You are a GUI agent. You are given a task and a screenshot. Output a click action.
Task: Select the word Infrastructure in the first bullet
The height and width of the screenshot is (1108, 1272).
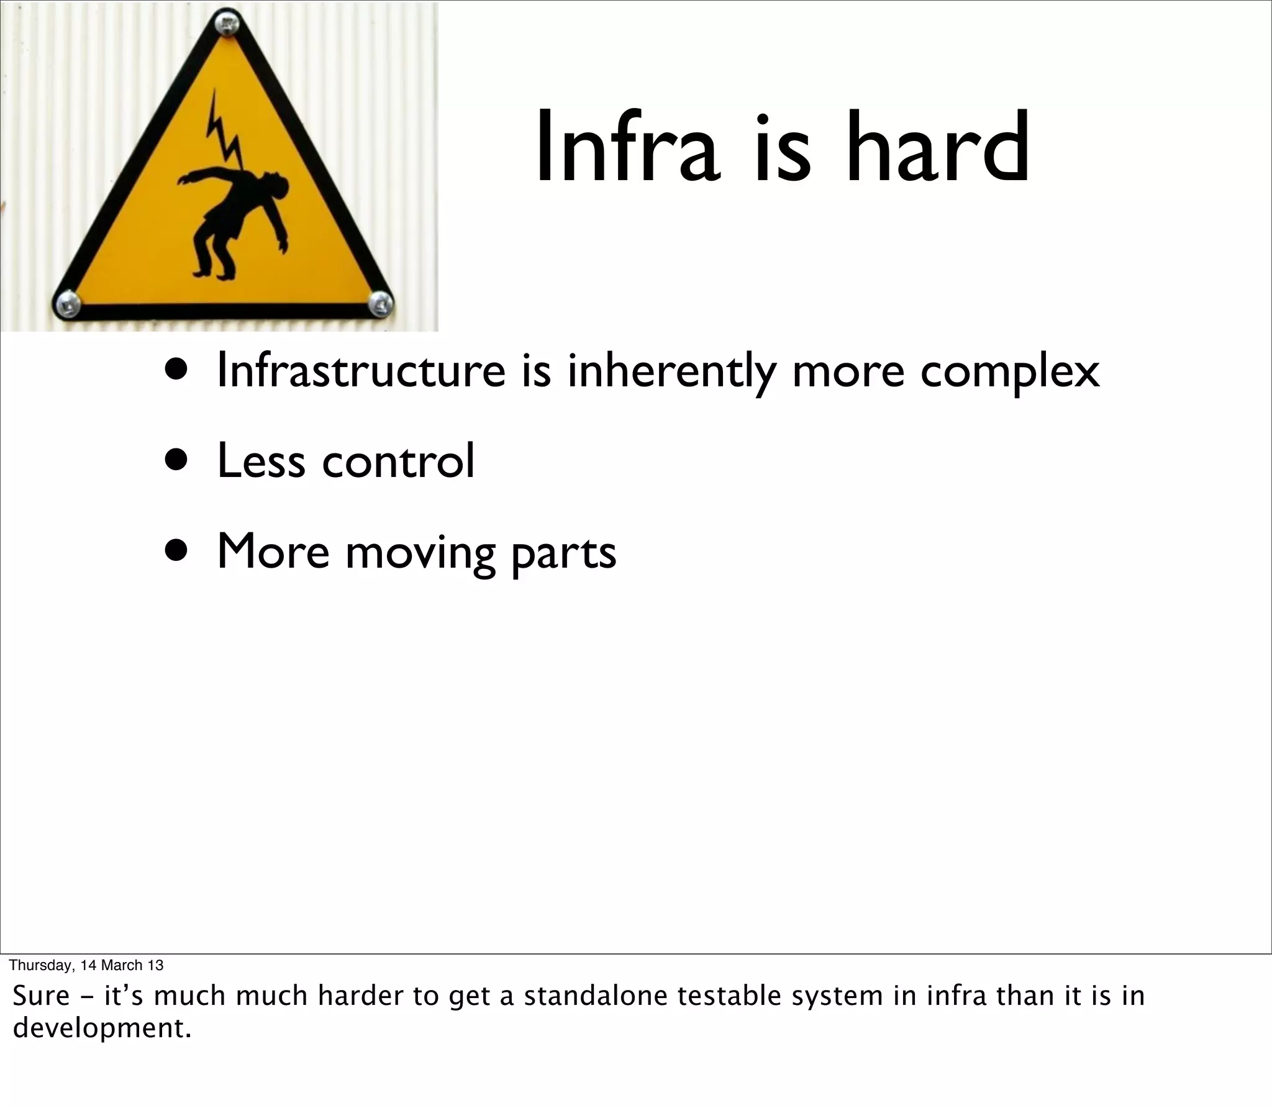pyautogui.click(x=361, y=371)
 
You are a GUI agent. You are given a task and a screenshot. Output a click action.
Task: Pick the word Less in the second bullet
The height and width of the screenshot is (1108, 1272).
pyautogui.click(x=261, y=461)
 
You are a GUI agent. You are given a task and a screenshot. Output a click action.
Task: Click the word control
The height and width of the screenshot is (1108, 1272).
pyautogui.click(x=398, y=461)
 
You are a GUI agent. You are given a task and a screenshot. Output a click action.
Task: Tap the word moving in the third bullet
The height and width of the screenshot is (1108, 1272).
pyautogui.click(x=420, y=553)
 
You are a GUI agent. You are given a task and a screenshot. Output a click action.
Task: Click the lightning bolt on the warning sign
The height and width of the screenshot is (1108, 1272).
pyautogui.click(x=224, y=134)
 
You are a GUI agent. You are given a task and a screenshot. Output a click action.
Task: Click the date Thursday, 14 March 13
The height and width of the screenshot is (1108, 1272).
pyautogui.click(x=86, y=965)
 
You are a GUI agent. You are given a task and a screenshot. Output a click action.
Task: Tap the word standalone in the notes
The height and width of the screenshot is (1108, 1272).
pyautogui.click(x=596, y=996)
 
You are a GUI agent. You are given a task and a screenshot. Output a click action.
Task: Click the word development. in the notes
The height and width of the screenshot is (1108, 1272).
pyautogui.click(x=102, y=1028)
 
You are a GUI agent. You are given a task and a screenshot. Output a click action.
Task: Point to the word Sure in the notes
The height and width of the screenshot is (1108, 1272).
pyautogui.click(x=41, y=996)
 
